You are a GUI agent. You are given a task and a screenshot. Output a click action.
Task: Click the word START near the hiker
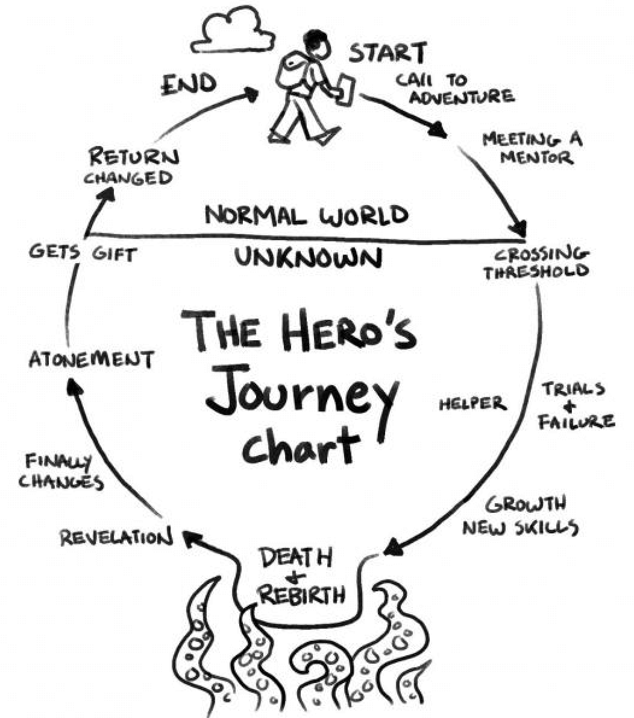(388, 52)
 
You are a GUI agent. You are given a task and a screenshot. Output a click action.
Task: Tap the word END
(189, 84)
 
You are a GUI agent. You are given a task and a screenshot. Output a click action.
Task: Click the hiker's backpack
(291, 70)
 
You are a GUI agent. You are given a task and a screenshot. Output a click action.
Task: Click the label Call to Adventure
(454, 88)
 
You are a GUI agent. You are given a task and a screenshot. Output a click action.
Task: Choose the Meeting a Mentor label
(532, 147)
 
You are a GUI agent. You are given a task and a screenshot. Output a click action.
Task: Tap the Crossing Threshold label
(536, 262)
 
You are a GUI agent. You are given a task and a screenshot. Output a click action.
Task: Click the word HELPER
(472, 404)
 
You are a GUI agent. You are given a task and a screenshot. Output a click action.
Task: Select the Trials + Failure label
(576, 405)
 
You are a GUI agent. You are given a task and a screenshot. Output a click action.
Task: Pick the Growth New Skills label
(521, 516)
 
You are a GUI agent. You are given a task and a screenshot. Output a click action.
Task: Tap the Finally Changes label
(60, 471)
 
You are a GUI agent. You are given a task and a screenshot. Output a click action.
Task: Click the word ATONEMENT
(92, 360)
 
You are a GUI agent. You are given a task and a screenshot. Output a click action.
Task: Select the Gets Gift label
(83, 253)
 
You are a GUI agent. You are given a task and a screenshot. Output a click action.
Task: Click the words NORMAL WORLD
(307, 215)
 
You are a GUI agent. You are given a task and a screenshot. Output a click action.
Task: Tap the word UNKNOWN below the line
(309, 257)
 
